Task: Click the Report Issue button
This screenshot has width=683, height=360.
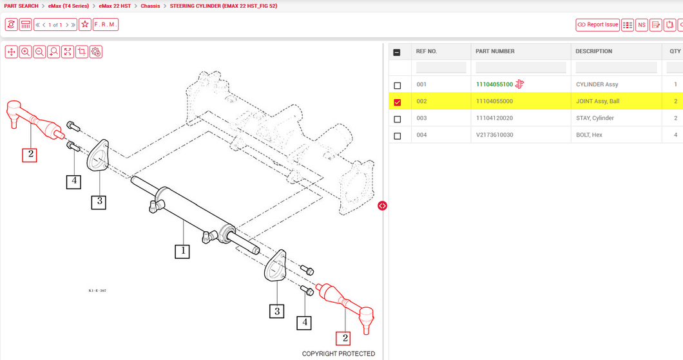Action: coord(597,24)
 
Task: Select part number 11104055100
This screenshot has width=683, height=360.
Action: coord(494,84)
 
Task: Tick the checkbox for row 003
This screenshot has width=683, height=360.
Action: coord(397,119)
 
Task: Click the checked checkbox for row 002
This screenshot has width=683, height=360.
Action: coord(397,102)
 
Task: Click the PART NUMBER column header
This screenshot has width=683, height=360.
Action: coord(495,51)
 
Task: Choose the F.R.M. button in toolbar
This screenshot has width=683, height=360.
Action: coord(106,24)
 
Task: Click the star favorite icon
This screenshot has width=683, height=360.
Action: coord(84,24)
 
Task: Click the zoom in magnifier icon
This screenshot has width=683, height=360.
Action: coord(25,52)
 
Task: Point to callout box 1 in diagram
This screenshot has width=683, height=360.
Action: coord(182,251)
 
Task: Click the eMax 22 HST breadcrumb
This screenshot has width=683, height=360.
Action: coord(115,6)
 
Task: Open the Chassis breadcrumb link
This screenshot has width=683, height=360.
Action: coord(150,6)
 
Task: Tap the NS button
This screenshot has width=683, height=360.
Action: coord(642,24)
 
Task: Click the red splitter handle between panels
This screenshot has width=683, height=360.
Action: coord(382,205)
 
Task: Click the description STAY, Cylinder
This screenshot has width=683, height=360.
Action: coord(595,118)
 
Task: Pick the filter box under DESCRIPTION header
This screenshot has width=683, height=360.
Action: coord(616,68)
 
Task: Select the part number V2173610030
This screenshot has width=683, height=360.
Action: coord(494,135)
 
